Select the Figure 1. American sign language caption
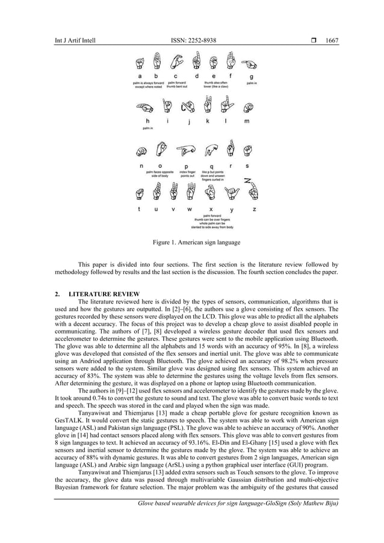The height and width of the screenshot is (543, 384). point(193,243)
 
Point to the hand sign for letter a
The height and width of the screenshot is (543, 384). point(140,63)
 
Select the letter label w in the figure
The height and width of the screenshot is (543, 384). point(190,209)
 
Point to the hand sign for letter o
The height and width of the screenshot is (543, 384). point(161,149)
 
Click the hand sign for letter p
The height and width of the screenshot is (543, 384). point(185,149)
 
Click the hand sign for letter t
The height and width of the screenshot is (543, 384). point(140,193)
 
